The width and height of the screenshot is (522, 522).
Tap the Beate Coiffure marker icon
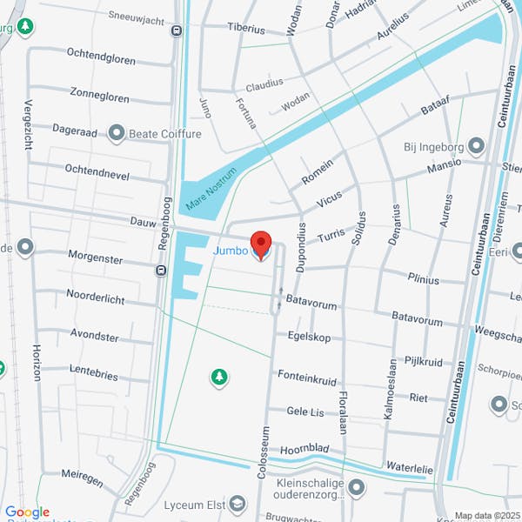pyautogui.click(x=117, y=133)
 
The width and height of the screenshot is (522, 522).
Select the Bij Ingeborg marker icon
pyautogui.click(x=476, y=145)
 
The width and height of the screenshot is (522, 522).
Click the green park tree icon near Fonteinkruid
pyautogui.click(x=218, y=376)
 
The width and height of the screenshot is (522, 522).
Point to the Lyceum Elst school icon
pyautogui.click(x=238, y=505)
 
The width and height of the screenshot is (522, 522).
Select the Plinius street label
pyautogui.click(x=424, y=279)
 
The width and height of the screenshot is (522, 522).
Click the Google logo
pyautogui.click(x=27, y=512)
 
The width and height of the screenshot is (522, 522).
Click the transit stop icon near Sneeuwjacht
pyautogui.click(x=177, y=31)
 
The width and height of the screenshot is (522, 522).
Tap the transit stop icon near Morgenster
pyautogui.click(x=161, y=270)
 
